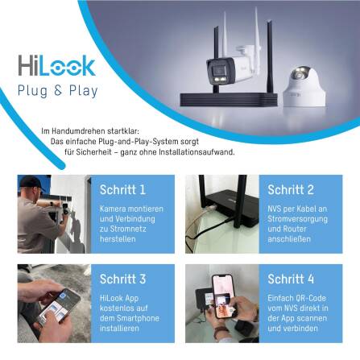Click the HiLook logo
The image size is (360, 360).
click(x=56, y=65)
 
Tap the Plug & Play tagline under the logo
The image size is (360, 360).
click(x=57, y=90)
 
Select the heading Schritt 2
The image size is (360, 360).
click(x=291, y=190)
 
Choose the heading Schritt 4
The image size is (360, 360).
click(x=291, y=279)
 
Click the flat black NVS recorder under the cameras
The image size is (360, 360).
click(x=242, y=97)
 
